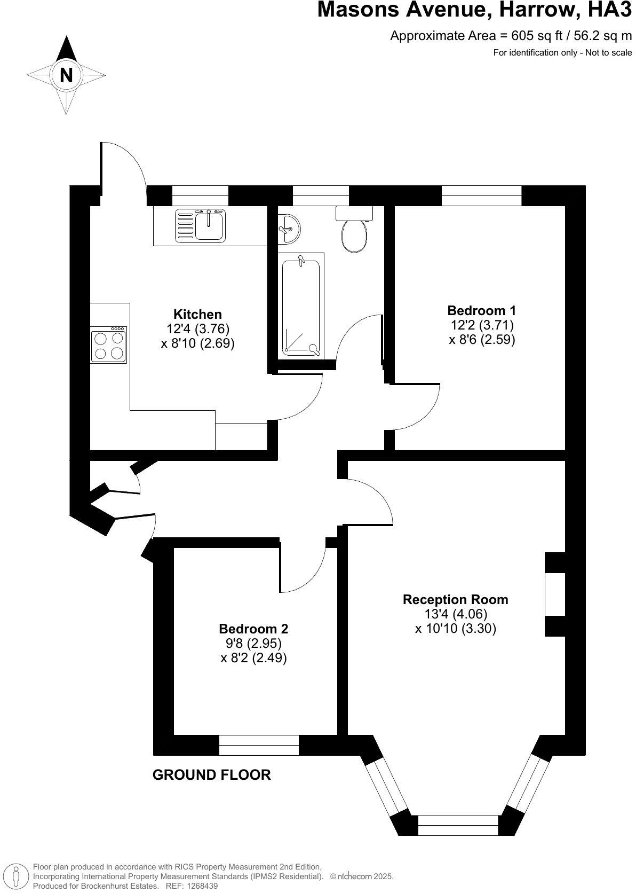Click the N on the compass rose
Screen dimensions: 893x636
pos(66,74)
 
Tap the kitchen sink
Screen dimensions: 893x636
pos(210,225)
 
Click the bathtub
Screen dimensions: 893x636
pos(301,307)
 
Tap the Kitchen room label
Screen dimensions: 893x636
pos(197,314)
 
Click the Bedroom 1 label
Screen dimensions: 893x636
pos(482,310)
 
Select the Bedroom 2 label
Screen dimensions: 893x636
pos(253,629)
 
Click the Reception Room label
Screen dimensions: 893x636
pos(455,599)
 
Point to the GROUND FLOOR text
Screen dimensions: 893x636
pos(212,774)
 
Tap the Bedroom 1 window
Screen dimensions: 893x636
pos(481,196)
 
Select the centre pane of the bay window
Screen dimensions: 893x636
pos(458,826)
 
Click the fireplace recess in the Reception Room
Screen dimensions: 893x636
pos(555,594)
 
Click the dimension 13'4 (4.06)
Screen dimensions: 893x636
pos(456,614)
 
